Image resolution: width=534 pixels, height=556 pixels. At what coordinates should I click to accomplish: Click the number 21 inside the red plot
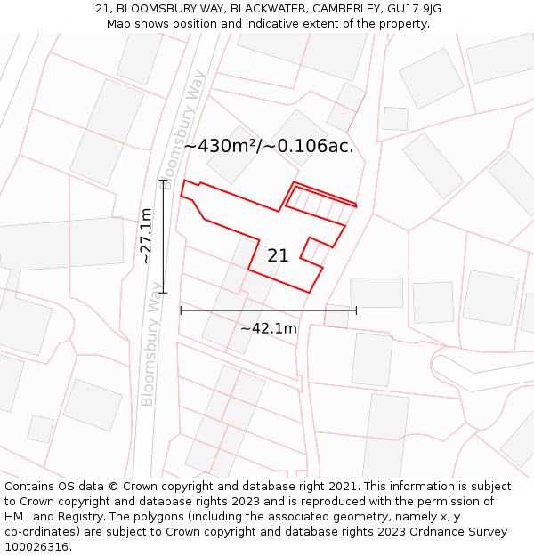pos(278,256)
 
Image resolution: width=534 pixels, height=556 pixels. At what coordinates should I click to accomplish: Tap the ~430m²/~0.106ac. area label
pos(269,147)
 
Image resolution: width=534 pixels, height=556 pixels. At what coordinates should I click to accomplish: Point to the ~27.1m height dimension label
pos(147,236)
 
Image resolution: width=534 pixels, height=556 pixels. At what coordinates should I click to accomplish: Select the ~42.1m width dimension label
pos(268,328)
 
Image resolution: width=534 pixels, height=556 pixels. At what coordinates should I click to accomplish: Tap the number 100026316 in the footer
pos(36,546)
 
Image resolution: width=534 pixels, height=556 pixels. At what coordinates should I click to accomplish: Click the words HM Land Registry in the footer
pos(53,516)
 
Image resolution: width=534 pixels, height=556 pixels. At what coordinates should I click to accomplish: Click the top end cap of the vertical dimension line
pos(164,180)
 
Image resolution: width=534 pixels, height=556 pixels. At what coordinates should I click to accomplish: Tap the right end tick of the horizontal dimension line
pos(356,310)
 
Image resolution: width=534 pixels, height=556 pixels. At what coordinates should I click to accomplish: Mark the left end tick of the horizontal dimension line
pos(181,310)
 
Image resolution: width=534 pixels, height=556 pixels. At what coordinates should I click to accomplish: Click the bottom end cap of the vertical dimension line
pos(164,292)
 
